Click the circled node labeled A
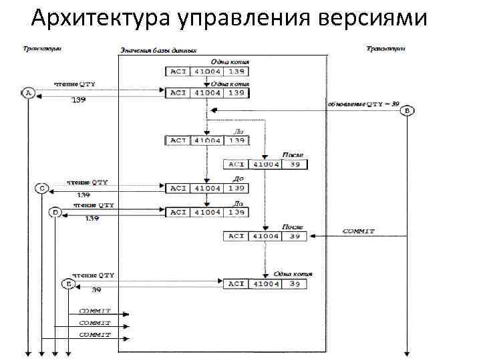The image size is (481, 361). click(x=28, y=94)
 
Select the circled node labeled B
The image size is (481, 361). click(x=407, y=111)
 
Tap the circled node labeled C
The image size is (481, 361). click(x=41, y=189)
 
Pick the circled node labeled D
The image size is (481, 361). click(x=55, y=212)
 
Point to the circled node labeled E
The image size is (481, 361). click(x=69, y=283)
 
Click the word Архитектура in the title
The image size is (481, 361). click(x=100, y=18)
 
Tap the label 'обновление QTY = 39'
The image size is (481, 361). click(x=363, y=104)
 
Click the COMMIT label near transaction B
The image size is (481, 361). click(x=358, y=231)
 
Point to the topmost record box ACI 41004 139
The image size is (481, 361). click(x=206, y=71)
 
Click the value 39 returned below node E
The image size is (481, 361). click(x=96, y=290)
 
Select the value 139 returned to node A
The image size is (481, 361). click(x=79, y=100)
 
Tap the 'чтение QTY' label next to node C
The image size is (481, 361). click(x=87, y=182)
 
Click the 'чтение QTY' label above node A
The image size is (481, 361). click(x=75, y=85)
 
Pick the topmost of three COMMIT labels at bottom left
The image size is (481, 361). click(x=95, y=311)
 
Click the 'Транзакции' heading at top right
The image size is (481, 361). click(x=386, y=48)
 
